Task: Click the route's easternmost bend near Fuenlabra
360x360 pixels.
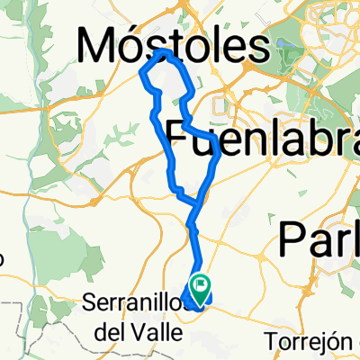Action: pyautogui.click(x=219, y=155)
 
